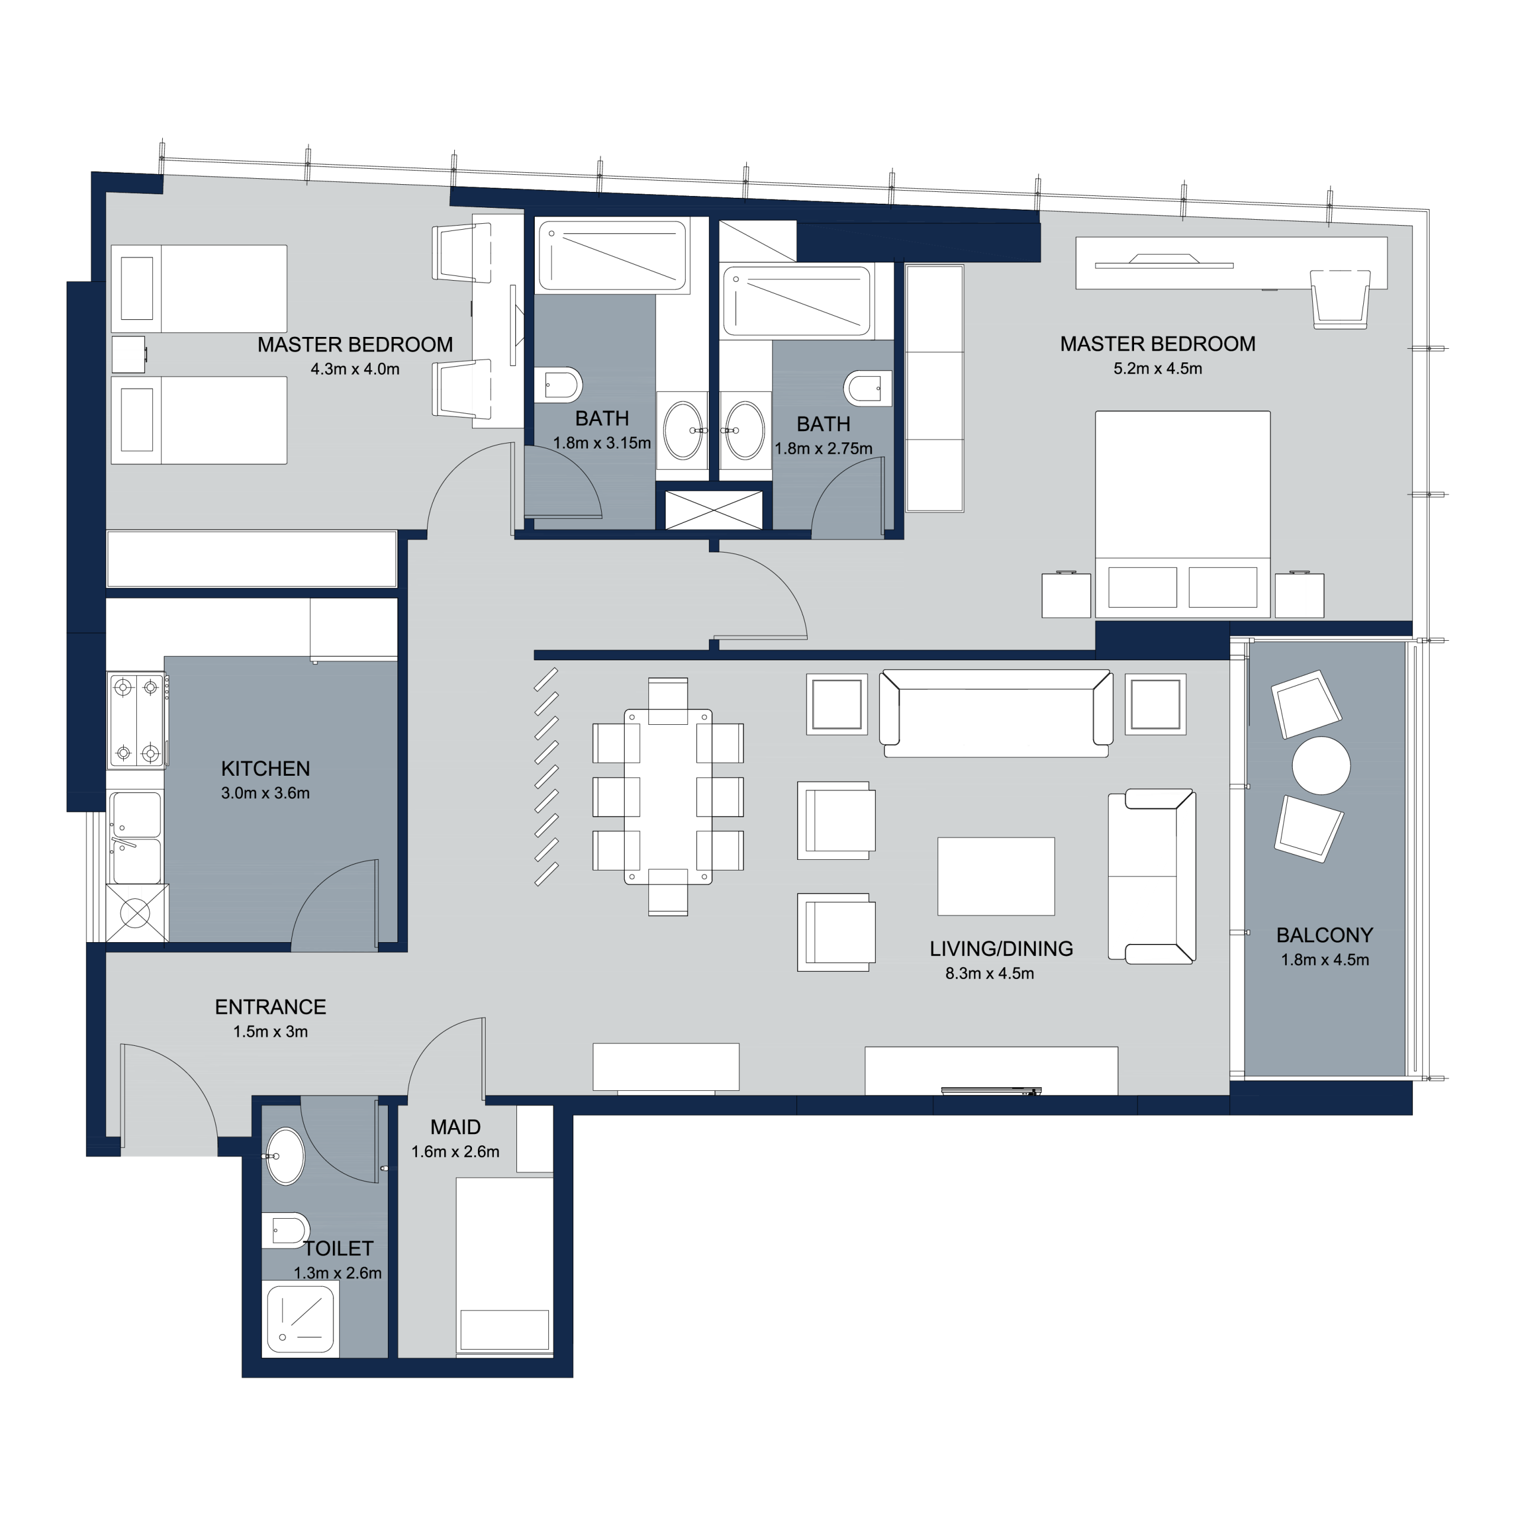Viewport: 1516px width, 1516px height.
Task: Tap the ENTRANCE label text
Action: (271, 1007)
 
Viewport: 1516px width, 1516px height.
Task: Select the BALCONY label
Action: (1325, 935)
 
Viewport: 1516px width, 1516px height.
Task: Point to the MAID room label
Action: (455, 1128)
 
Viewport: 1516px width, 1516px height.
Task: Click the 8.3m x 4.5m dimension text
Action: (990, 974)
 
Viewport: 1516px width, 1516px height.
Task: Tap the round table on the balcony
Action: (1321, 766)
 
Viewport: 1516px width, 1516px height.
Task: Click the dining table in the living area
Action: (669, 796)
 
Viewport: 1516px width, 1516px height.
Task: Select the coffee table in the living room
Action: (995, 876)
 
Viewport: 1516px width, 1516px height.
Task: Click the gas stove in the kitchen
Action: (137, 720)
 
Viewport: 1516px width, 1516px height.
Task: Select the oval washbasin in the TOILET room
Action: (285, 1157)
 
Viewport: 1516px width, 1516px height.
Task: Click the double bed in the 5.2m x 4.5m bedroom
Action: (1183, 514)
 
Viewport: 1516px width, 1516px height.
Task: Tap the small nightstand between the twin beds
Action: (129, 355)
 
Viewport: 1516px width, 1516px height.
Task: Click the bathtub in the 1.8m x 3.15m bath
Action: (612, 256)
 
